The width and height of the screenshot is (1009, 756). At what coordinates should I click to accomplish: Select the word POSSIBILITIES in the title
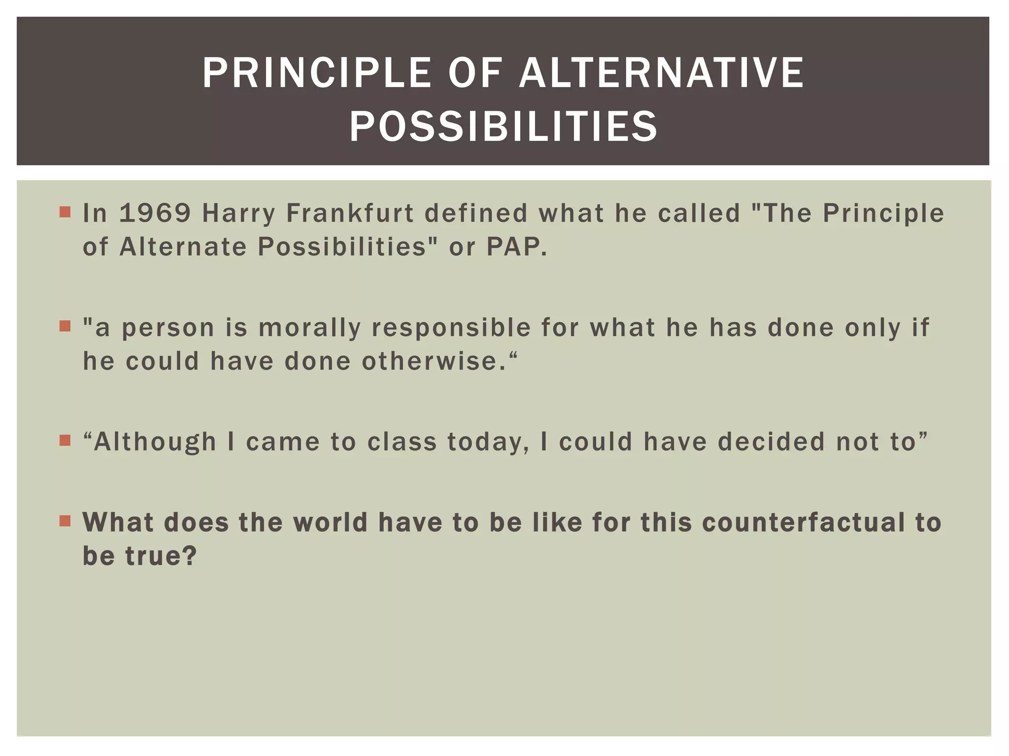point(503,126)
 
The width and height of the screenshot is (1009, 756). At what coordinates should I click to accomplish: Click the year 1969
point(155,213)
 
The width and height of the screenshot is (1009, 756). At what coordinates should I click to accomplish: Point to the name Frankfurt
point(350,213)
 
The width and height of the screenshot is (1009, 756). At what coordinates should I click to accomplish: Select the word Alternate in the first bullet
point(183,247)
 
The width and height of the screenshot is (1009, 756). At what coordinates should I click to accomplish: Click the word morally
point(310,328)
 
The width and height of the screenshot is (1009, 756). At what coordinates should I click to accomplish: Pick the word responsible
point(451,328)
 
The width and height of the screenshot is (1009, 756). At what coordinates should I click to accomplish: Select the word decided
point(771,441)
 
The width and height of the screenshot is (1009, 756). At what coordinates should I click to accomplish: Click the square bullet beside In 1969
point(65,212)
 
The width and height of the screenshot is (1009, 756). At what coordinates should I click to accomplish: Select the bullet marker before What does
point(65,521)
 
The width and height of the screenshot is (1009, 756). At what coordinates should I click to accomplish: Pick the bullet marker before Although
point(65,440)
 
